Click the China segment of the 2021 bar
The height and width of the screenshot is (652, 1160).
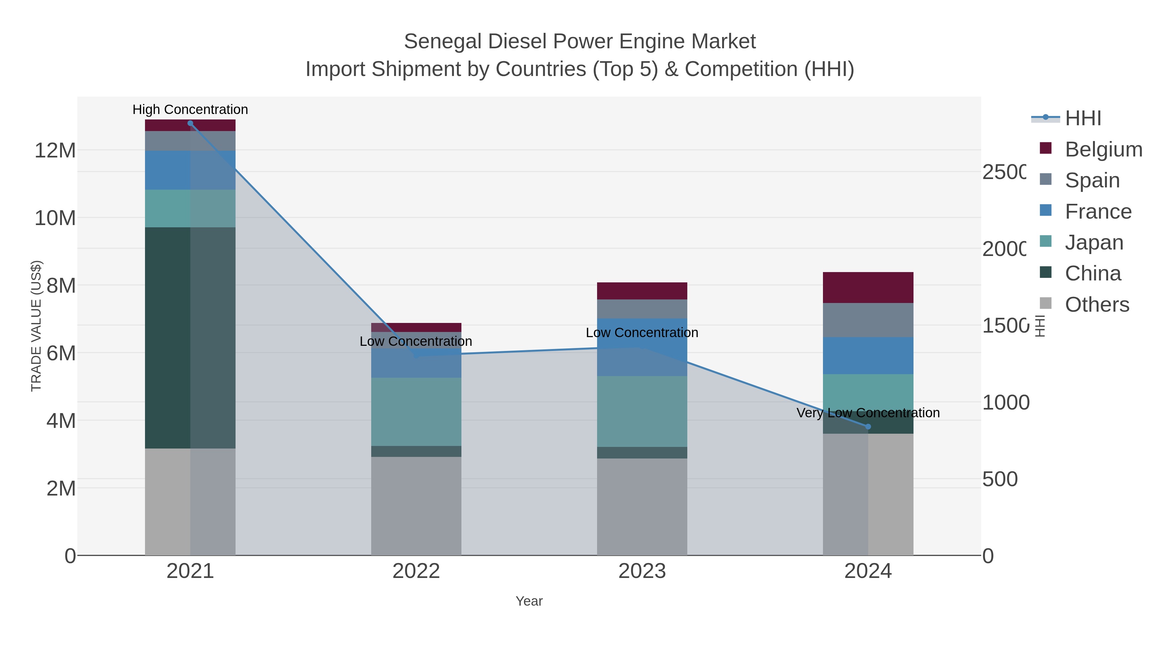pos(190,337)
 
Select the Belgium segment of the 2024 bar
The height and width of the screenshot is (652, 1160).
pos(868,287)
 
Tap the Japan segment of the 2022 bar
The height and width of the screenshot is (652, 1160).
pos(416,412)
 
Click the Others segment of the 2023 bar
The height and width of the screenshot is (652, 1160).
pos(642,506)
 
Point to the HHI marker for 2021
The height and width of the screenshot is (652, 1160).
pos(190,123)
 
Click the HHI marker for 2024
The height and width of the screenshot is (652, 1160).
pos(868,427)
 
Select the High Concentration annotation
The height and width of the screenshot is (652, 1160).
pos(190,109)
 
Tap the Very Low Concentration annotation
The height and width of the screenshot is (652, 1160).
pos(868,413)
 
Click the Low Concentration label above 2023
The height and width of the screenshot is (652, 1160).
pos(642,333)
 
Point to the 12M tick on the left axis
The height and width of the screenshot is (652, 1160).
pos(55,150)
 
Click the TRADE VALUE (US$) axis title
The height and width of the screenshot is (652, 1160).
pos(36,326)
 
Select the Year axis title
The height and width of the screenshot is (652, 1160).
pos(529,601)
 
